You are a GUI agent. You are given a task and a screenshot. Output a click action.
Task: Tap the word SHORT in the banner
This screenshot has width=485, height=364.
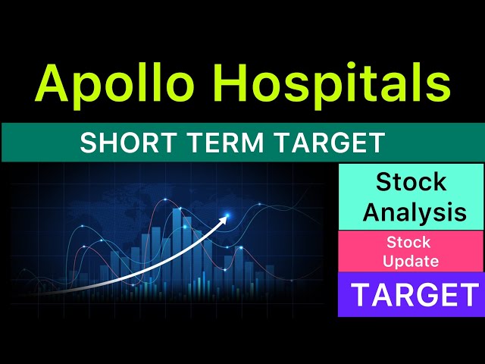[117, 143]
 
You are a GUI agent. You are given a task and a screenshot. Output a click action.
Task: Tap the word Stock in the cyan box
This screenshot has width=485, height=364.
[411, 183]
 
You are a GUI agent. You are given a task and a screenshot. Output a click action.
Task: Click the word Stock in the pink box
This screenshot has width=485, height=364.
[408, 243]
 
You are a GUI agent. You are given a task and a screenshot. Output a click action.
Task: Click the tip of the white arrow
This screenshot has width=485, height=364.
[227, 216]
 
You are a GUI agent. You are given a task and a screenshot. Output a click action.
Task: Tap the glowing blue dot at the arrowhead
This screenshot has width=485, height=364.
[225, 215]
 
